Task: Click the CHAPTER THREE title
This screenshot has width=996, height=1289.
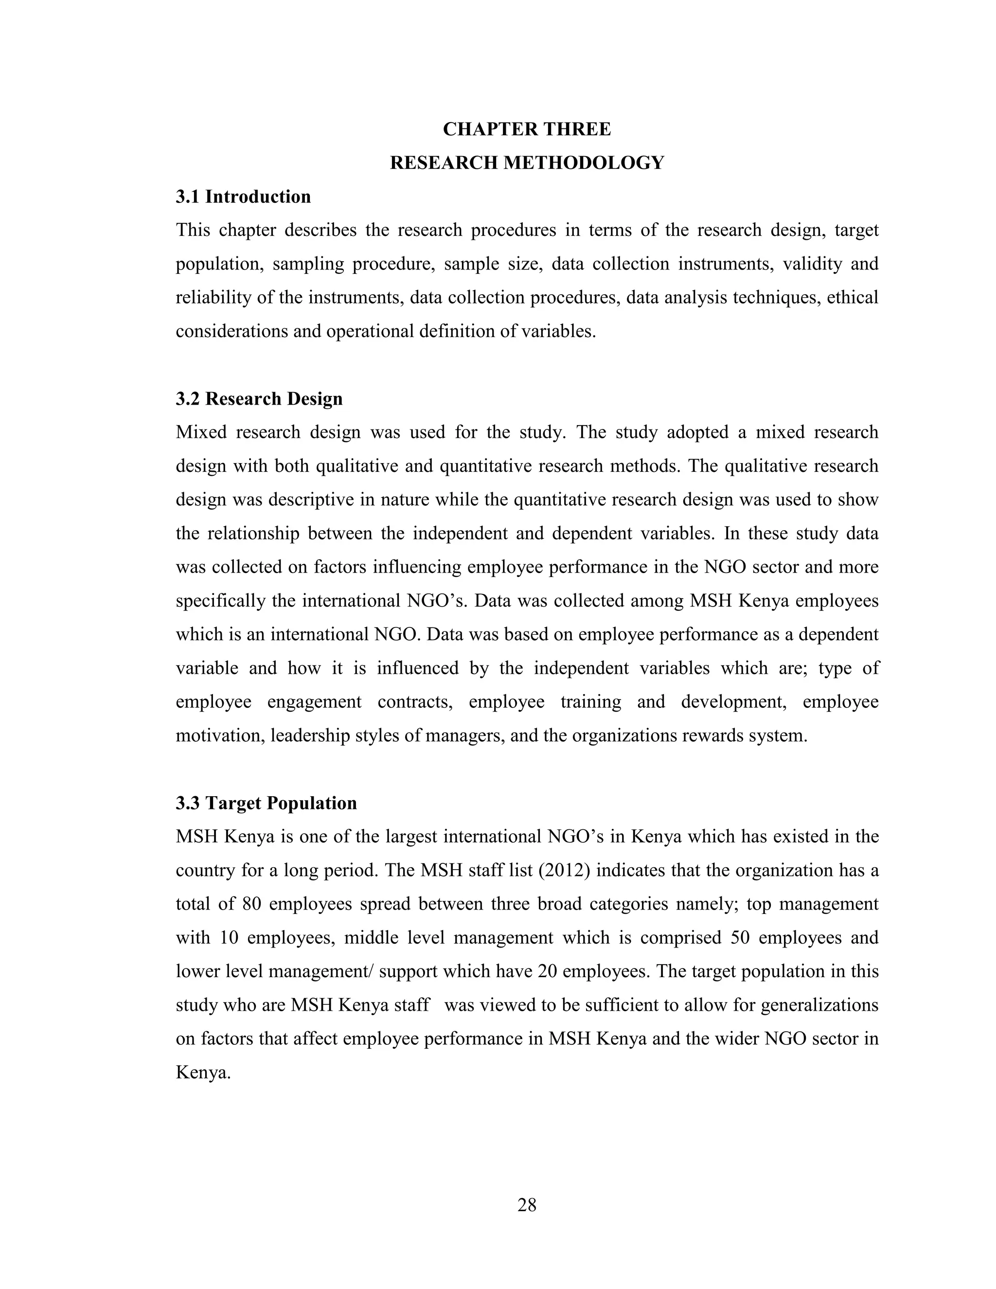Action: coord(526,129)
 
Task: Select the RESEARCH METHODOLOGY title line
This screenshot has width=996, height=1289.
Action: coord(526,163)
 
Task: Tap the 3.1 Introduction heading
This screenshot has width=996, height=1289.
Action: coord(243,197)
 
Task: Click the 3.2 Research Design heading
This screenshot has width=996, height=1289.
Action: coord(259,399)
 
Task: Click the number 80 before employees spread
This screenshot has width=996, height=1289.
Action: coord(252,904)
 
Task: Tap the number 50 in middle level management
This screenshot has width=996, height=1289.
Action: coord(740,938)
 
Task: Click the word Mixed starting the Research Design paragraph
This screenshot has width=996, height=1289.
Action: coord(201,432)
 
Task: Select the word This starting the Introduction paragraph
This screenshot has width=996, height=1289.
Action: coord(193,230)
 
